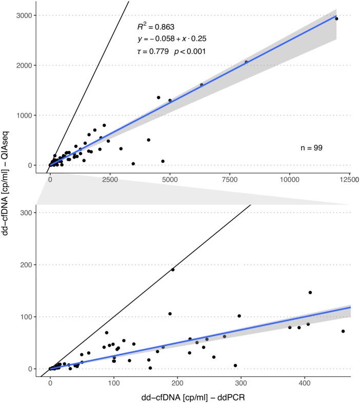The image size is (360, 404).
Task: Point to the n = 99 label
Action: [311, 148]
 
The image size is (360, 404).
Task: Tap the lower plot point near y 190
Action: [173, 270]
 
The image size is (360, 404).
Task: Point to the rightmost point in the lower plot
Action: [343, 331]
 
